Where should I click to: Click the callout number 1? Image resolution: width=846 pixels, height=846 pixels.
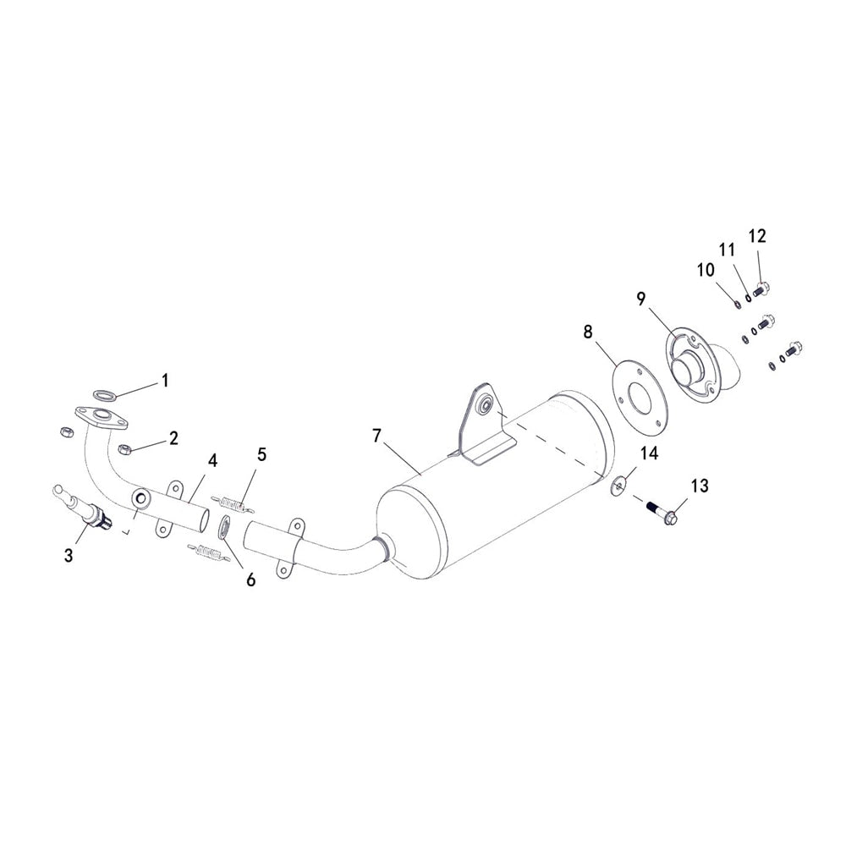pos(165,381)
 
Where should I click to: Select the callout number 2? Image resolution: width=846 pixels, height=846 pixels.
pos(173,438)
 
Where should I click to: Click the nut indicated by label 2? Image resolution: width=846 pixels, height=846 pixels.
pos(124,448)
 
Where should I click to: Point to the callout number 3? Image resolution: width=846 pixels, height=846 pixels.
pos(69,555)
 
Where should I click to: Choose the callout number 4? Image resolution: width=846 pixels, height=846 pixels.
pos(212,461)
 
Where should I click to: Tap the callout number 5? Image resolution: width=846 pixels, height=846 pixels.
pos(261,455)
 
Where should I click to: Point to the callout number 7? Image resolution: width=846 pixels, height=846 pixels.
pos(377,436)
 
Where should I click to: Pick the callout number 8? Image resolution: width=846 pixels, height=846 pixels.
pos(588,331)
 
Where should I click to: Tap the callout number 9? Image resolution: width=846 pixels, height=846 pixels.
pos(641,298)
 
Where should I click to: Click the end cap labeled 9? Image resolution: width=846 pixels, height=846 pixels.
pos(698,369)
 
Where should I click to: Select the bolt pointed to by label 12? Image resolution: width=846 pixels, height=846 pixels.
pos(760,288)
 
